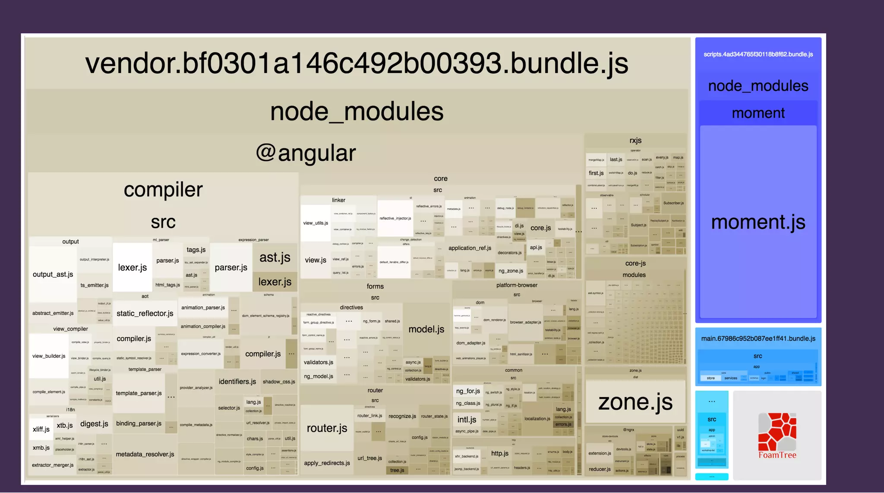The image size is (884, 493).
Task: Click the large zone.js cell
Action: click(635, 402)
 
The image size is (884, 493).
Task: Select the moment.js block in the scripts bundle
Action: click(758, 222)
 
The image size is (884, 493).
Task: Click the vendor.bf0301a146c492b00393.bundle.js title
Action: click(357, 64)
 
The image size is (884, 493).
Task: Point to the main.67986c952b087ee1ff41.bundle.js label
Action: click(758, 339)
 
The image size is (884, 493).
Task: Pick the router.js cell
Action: click(327, 428)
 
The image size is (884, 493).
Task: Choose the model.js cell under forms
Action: click(426, 329)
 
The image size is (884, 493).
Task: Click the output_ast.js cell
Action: click(53, 274)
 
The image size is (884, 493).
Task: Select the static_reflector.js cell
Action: click(145, 313)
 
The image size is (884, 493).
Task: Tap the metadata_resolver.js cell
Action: click(145, 454)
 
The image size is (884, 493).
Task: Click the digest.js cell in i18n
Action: click(94, 424)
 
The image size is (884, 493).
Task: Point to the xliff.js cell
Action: click(41, 429)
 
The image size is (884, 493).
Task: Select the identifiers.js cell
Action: click(237, 382)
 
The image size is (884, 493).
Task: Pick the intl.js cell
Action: click(467, 420)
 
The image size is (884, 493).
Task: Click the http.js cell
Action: click(499, 453)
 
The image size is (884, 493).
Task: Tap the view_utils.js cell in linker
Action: click(315, 223)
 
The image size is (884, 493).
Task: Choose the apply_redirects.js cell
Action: click(327, 463)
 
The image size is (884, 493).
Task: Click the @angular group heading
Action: click(306, 153)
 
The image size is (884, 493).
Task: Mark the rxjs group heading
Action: click(635, 140)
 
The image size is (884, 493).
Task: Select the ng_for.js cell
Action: click(468, 391)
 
